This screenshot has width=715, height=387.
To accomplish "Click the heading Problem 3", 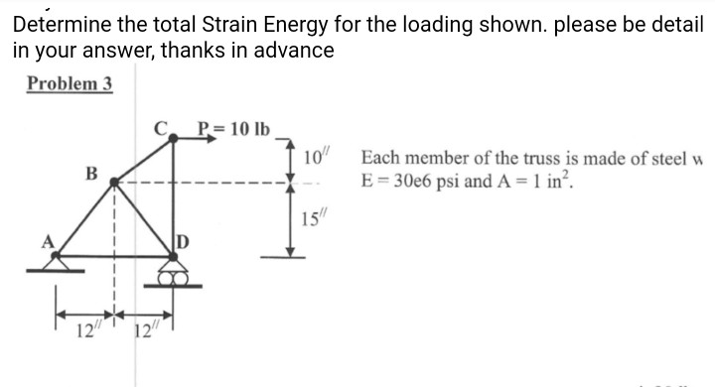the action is pos(70,83).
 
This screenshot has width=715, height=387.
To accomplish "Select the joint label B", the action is pos(91,172).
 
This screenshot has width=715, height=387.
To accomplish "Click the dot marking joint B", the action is pos(114,183).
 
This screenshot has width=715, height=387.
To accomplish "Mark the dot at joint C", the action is pos(174,140).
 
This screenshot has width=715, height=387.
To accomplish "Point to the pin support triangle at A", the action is pos(55,263).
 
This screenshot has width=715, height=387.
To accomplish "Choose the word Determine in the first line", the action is pos(57,21).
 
